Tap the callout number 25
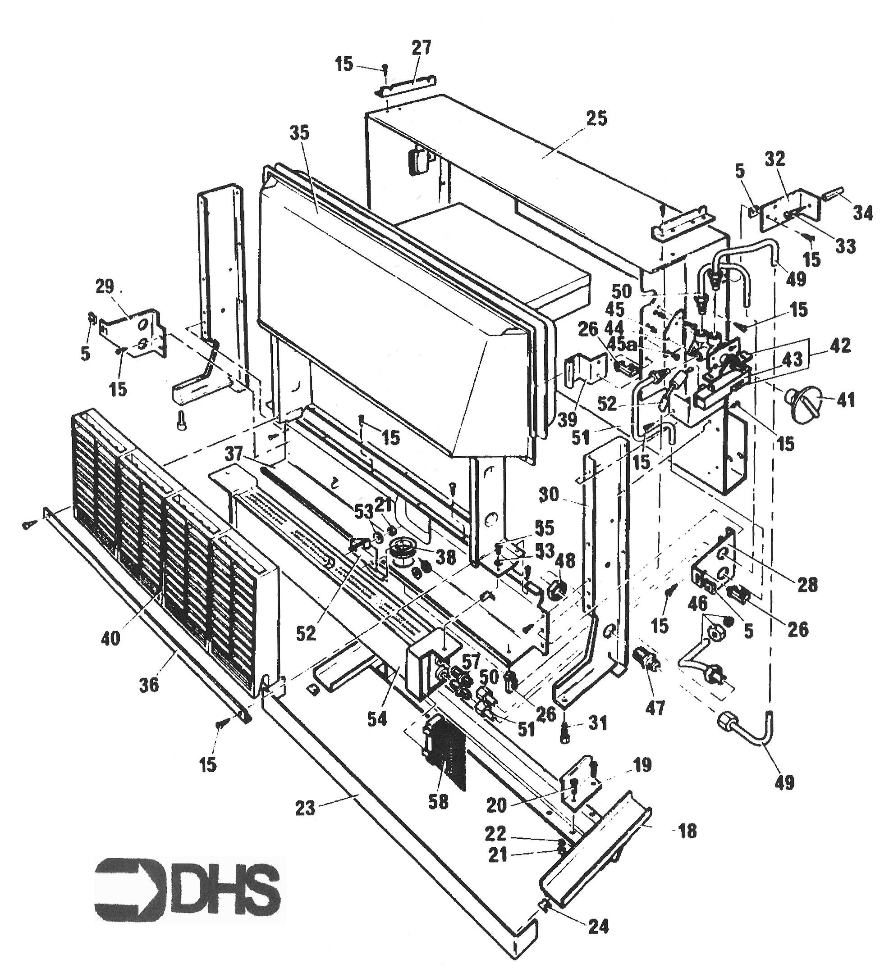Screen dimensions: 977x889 [x=596, y=119]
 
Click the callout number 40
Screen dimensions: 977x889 [x=110, y=638]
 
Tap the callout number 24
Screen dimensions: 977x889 [x=598, y=927]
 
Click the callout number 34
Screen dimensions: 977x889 [x=863, y=213]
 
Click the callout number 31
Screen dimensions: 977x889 [x=597, y=723]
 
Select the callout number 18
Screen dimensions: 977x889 [x=687, y=831]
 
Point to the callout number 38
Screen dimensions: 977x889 [x=445, y=557]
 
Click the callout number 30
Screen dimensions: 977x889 [x=548, y=495]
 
